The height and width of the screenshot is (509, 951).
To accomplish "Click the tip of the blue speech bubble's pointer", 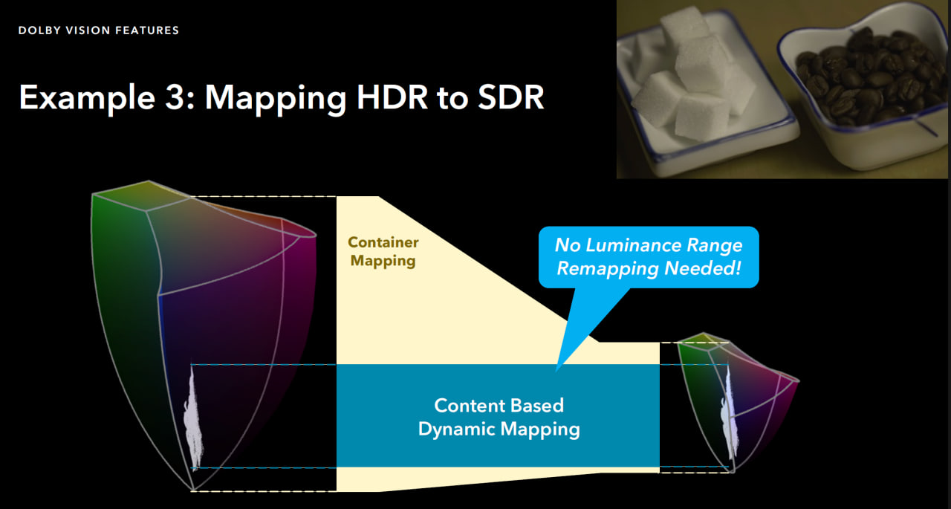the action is click(556, 372).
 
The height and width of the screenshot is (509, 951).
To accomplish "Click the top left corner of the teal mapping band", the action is click(337, 364).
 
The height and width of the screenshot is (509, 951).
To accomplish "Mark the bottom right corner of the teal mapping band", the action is click(659, 467).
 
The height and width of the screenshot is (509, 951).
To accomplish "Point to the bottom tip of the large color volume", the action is click(192, 490).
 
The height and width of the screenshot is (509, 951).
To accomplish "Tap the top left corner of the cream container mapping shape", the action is click(337, 197).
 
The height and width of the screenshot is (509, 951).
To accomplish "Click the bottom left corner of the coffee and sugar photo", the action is click(617, 178).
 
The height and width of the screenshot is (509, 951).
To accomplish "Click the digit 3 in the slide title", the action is click(173, 97).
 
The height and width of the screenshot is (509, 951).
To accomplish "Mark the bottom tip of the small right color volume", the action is click(733, 471).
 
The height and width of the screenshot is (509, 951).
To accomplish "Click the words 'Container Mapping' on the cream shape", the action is click(383, 251).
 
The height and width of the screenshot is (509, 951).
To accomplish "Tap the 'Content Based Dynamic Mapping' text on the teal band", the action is click(499, 417).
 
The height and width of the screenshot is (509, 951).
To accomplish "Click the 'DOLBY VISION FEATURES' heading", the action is click(99, 30).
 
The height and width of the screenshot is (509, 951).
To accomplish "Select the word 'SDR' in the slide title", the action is click(510, 97).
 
